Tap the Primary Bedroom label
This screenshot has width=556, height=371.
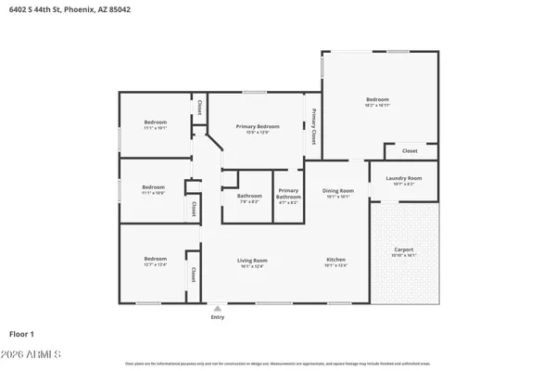coord(259,126)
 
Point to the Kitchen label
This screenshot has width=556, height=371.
coord(336,259)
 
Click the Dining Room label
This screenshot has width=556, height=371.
coord(338,190)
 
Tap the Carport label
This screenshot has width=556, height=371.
coord(404,249)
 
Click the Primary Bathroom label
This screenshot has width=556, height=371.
coord(288,196)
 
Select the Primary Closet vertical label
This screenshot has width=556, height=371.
coord(314,128)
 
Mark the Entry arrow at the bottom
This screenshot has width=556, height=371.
coord(217,308)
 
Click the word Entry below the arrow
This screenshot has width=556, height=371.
coord(217,317)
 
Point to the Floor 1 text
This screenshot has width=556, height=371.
coord(21,332)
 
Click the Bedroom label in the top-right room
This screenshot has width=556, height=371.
coord(377,99)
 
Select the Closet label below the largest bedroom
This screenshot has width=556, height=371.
coord(409,150)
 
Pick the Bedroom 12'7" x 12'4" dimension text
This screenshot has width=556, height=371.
coord(155,265)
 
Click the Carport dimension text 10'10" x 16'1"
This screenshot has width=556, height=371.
coord(404,255)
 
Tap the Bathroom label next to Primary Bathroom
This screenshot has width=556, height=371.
coord(249,196)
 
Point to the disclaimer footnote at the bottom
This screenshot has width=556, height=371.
coord(278,364)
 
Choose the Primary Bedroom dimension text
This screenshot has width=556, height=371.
coord(259,133)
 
